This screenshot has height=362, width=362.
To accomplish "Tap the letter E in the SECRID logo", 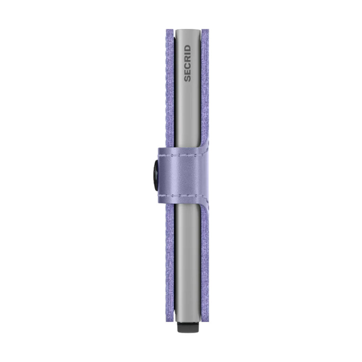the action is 188,72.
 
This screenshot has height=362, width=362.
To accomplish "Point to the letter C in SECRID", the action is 188,66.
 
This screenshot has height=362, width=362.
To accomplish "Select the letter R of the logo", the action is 188,59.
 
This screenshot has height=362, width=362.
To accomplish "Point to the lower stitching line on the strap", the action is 184,196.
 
